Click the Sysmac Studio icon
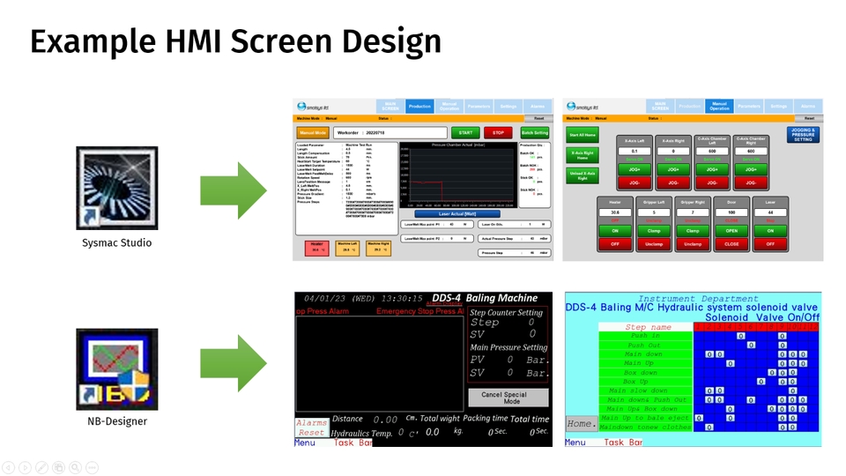(x=117, y=189)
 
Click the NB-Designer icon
(x=117, y=368)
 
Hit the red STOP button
(x=498, y=133)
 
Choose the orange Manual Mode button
(x=312, y=133)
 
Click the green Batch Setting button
(x=534, y=133)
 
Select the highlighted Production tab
(x=419, y=107)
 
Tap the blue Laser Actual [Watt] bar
(x=456, y=214)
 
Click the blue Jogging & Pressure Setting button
(x=803, y=135)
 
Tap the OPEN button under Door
(x=731, y=231)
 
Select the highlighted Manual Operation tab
(x=719, y=107)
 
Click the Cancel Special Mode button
(x=509, y=397)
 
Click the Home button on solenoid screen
(x=579, y=423)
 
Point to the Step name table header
(x=648, y=327)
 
